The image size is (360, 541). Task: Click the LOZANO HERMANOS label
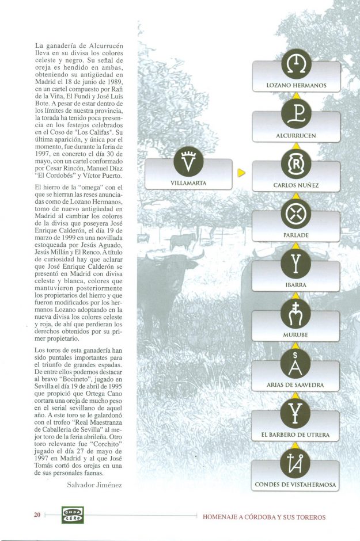(296, 85)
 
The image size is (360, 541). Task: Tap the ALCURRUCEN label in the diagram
(296, 136)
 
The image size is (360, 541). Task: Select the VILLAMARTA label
(188, 183)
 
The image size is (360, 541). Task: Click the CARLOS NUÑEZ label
(296, 186)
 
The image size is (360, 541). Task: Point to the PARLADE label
(296, 235)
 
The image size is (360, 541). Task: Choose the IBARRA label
(296, 285)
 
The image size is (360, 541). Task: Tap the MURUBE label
(296, 334)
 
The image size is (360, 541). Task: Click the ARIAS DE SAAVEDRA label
(296, 384)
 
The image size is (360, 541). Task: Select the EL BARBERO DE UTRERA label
(296, 435)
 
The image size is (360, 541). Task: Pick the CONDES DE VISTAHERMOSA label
(296, 485)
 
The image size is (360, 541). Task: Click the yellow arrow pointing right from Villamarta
(242, 172)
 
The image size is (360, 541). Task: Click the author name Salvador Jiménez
(96, 485)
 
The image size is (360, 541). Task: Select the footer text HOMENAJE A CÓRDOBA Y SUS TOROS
(264, 517)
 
